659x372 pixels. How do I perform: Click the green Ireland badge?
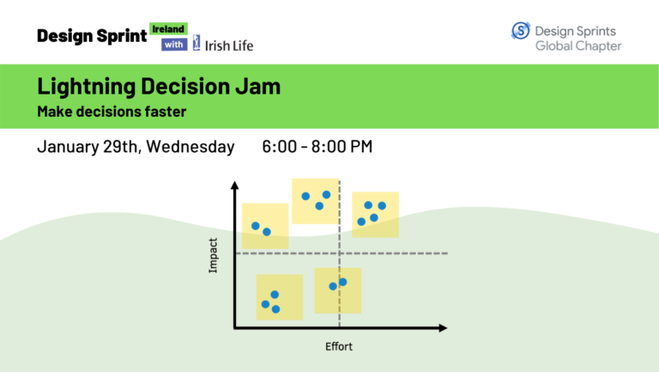click(x=168, y=29)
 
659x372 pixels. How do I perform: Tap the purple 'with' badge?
click(x=175, y=45)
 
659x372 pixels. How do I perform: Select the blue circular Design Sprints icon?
click(x=521, y=31)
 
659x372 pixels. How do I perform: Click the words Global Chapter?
click(x=578, y=46)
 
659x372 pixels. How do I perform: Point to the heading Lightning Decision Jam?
click(x=159, y=88)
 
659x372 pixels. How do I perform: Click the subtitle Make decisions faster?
click(x=112, y=112)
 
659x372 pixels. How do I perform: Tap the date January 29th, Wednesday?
click(x=136, y=147)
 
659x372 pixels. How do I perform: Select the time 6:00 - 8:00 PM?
click(x=317, y=147)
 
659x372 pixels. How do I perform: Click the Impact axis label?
click(x=214, y=255)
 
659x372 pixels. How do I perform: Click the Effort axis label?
click(x=340, y=347)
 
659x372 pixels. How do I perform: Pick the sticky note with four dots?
click(x=375, y=214)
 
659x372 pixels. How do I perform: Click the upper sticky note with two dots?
click(x=264, y=226)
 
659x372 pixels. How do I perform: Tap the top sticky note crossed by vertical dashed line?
click(x=316, y=201)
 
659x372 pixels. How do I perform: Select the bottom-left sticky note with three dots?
click(x=279, y=297)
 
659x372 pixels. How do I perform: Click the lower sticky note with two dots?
click(x=337, y=290)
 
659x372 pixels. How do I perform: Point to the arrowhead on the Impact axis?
click(x=233, y=186)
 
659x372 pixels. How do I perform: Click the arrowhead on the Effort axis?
click(x=441, y=327)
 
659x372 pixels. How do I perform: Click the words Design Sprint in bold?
click(x=92, y=36)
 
